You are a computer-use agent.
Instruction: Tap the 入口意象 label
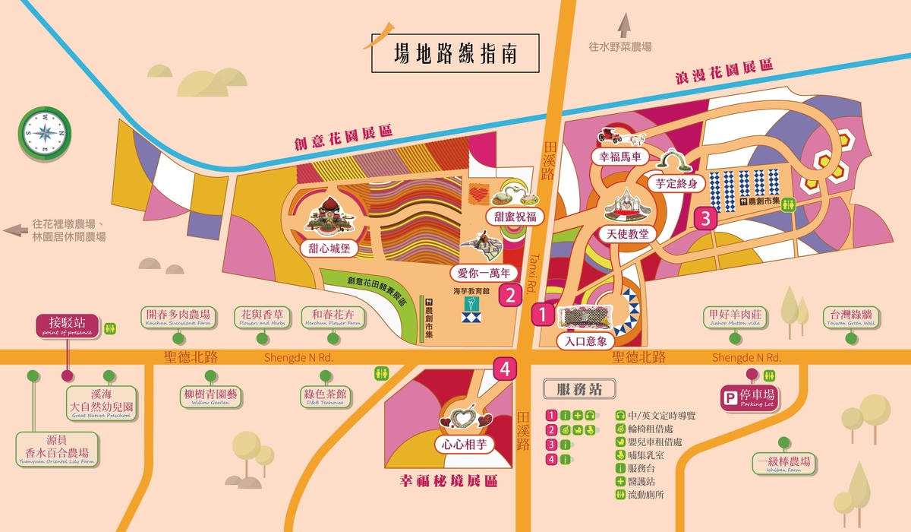[x=585, y=341]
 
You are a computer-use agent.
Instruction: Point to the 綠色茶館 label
[x=326, y=396]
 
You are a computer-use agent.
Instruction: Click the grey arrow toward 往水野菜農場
[x=624, y=26]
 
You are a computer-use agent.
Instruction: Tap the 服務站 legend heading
[x=579, y=390]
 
